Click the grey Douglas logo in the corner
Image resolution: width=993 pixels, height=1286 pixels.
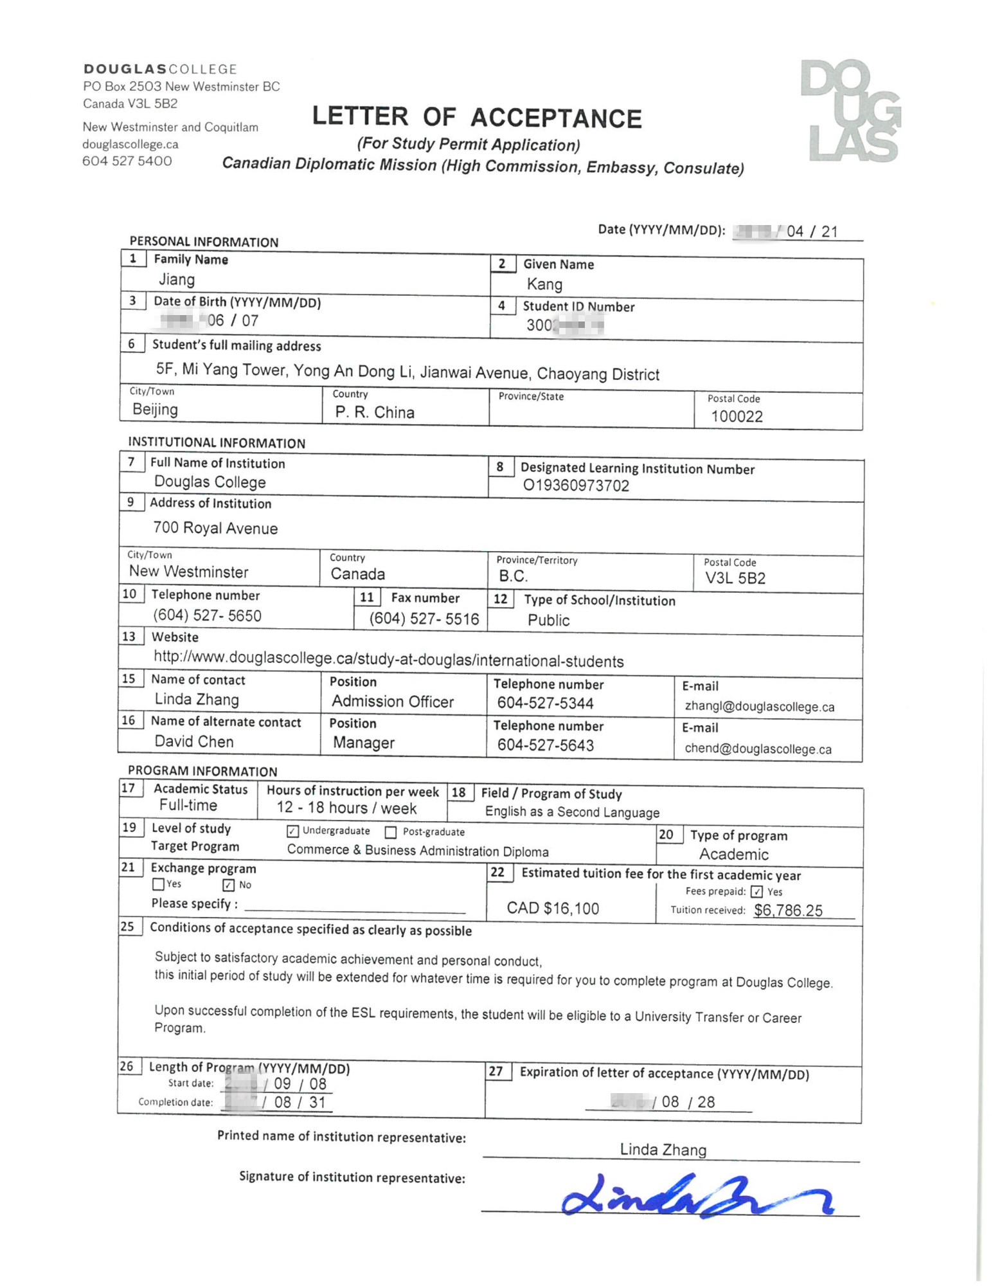pos(850,111)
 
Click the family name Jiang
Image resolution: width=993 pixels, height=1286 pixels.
pos(177,280)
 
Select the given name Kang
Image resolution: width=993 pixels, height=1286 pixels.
pos(544,284)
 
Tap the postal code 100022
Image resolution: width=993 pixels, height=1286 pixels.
pos(737,417)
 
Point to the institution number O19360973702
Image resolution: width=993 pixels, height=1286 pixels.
pos(576,485)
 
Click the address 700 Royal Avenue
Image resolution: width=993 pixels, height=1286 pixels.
pos(215,529)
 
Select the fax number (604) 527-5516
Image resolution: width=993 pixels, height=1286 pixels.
pos(424,619)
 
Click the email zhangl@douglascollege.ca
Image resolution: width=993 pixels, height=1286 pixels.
pos(759,707)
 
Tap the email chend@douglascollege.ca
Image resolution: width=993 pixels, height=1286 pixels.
pos(758,749)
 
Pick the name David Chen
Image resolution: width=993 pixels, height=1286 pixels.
pos(194,741)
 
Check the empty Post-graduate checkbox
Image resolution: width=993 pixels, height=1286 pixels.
pos(391,833)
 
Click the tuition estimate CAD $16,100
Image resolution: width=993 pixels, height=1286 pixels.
pos(553,909)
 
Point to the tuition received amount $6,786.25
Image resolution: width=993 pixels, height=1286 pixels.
pos(788,910)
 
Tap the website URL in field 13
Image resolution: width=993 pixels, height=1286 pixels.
pos(388,660)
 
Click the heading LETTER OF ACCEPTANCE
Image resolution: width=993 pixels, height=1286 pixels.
pos(477,118)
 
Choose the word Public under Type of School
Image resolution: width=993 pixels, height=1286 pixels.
pos(548,620)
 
